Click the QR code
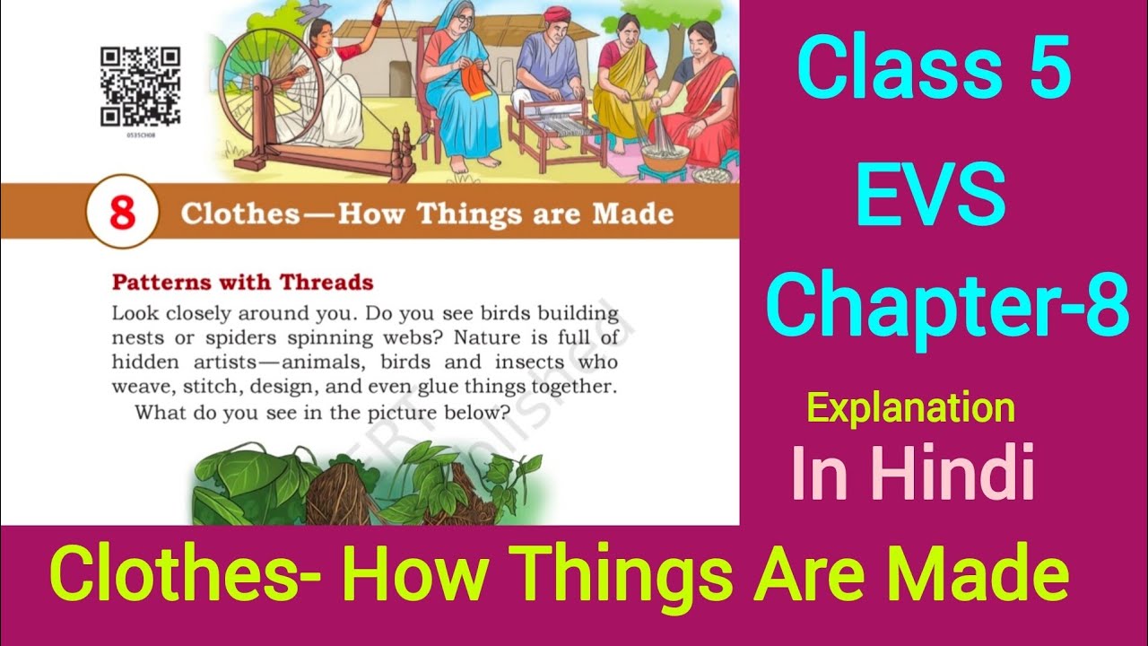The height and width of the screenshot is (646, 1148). [x=140, y=87]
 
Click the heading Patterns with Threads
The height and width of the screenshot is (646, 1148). [x=243, y=282]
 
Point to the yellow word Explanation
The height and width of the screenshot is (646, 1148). [x=910, y=407]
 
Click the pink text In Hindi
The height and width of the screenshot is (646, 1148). [x=913, y=473]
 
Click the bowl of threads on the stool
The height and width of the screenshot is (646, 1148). [x=665, y=156]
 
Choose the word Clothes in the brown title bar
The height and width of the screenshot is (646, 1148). [x=240, y=214]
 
